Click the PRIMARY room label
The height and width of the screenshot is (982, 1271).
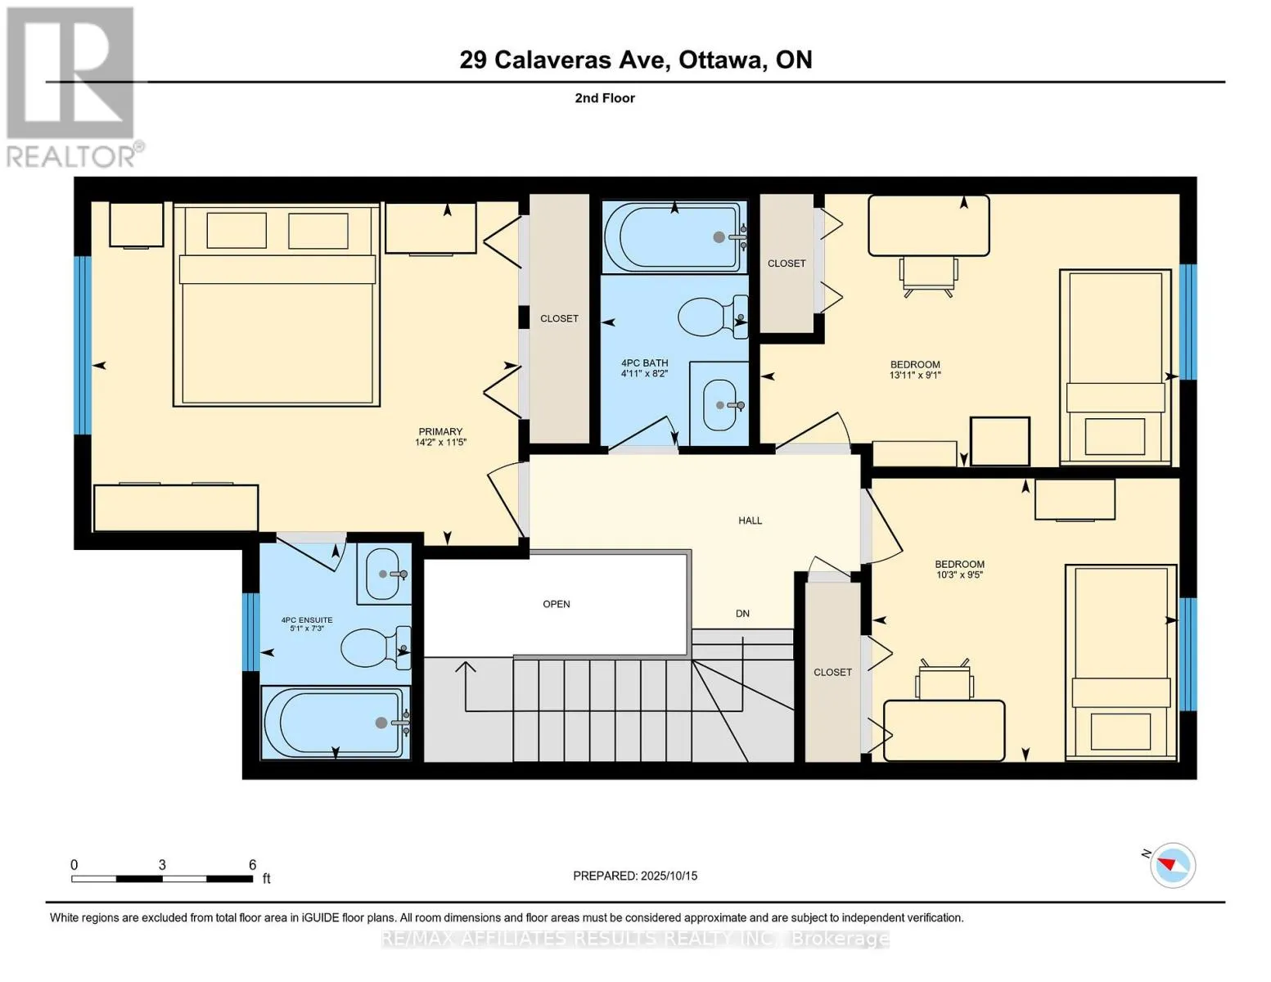[439, 431]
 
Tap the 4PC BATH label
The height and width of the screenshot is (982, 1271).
[644, 363]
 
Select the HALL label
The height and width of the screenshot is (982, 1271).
[750, 520]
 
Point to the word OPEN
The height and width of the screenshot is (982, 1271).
[556, 604]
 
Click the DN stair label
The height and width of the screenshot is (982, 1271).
[742, 614]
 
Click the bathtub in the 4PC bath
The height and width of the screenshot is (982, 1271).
[674, 236]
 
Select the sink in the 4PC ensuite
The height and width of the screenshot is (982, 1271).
[384, 574]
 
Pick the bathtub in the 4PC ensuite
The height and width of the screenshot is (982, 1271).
[336, 723]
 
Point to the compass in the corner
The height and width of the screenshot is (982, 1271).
[1172, 866]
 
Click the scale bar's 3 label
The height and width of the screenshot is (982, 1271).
[162, 864]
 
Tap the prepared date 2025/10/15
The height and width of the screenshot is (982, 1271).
[669, 876]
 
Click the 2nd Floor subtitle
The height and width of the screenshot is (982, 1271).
[604, 98]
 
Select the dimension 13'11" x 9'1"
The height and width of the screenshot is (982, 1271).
[915, 375]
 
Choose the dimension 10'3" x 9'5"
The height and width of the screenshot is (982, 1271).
[959, 574]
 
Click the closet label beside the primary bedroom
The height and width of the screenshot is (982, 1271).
[559, 319]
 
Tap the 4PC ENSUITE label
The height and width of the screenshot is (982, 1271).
[306, 620]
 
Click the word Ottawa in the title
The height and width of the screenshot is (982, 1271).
[723, 60]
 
